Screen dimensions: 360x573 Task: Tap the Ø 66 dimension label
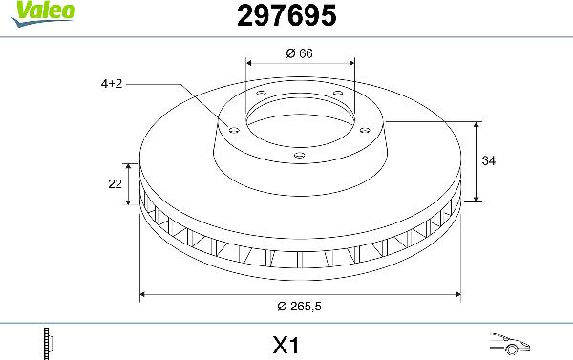click(300, 54)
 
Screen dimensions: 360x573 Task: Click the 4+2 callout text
click(112, 84)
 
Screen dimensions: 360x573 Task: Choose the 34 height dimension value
click(490, 161)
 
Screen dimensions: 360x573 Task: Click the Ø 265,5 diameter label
click(299, 305)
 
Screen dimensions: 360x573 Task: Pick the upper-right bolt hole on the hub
click(337, 94)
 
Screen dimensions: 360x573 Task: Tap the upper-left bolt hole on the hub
click(262, 93)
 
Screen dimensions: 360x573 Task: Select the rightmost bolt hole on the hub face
click(365, 123)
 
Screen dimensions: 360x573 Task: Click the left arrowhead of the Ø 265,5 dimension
click(144, 293)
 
